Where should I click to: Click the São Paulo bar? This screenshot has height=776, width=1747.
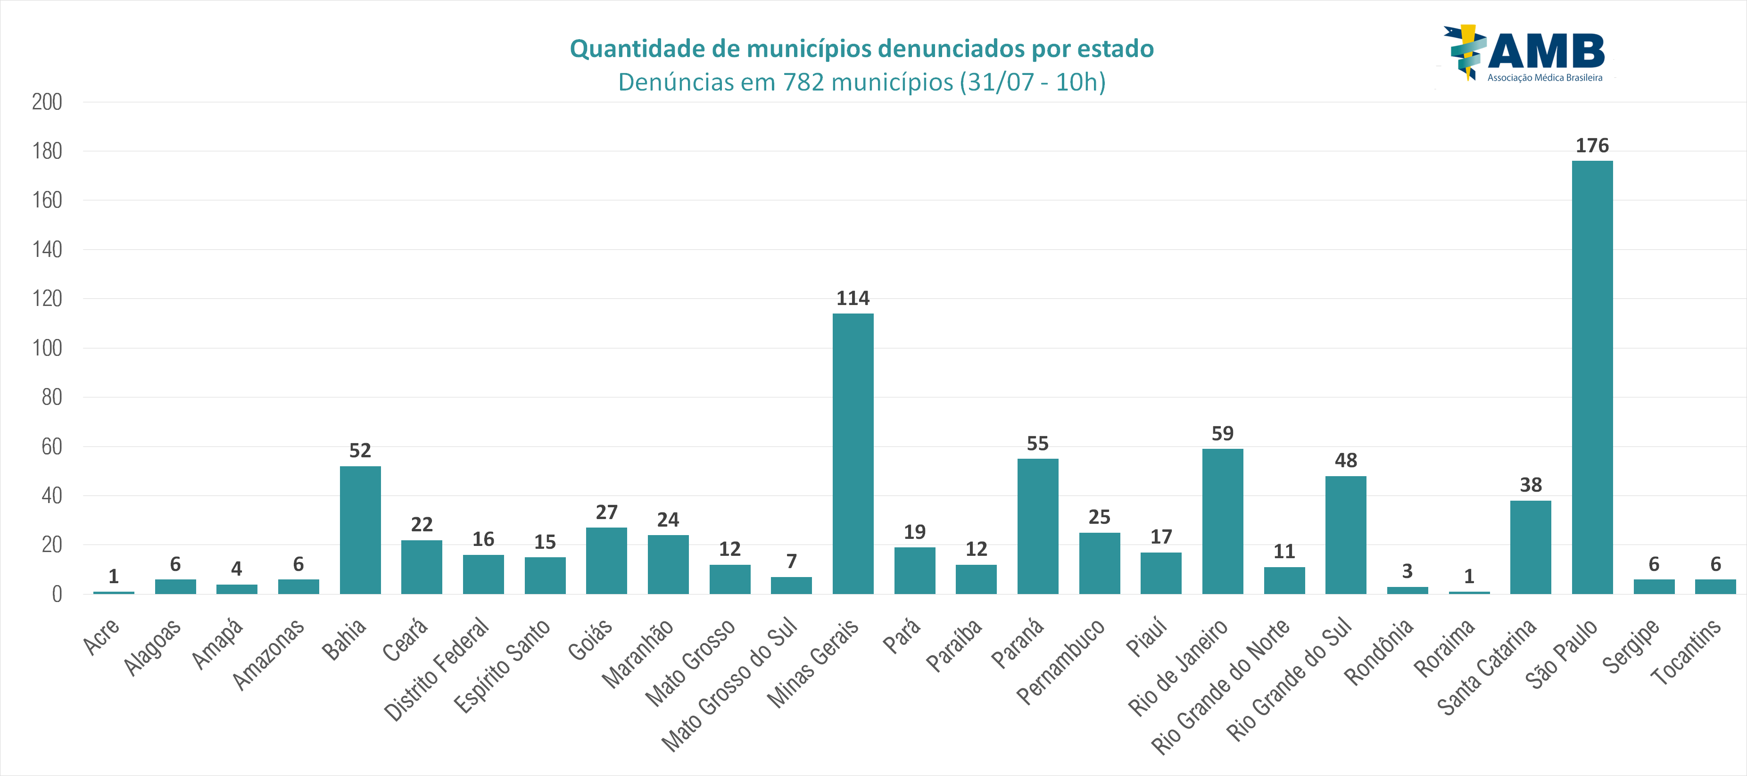(1592, 377)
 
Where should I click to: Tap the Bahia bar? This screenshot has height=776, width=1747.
(360, 530)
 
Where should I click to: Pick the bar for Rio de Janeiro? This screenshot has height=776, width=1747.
(1222, 521)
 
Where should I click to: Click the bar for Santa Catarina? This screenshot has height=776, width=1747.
(1530, 547)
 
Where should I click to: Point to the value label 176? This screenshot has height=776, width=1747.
(1592, 146)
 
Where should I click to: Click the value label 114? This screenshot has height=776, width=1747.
(853, 298)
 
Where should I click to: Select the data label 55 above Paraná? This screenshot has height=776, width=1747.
(1038, 444)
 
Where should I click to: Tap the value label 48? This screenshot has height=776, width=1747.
(1346, 461)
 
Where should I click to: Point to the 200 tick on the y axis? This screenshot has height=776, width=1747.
(47, 102)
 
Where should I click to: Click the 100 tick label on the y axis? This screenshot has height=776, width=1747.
(47, 348)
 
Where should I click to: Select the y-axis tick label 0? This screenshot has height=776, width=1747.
(57, 594)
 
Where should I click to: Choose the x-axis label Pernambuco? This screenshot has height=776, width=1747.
(1061, 661)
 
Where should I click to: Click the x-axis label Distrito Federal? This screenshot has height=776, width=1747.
(437, 668)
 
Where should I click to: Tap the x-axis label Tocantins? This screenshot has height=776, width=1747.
(1685, 651)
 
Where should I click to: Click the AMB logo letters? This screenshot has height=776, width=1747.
(1546, 51)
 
